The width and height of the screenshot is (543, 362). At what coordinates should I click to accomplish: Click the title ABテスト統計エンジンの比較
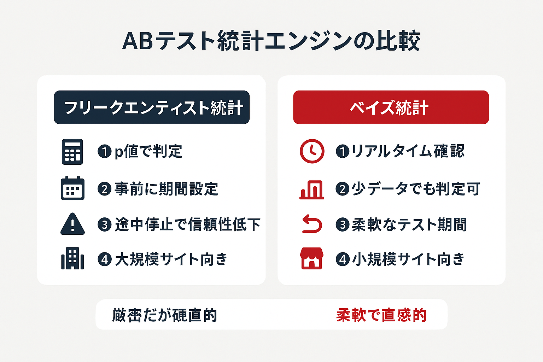pos(271,41)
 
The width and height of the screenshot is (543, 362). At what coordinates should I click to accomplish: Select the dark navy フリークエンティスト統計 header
pos(152,107)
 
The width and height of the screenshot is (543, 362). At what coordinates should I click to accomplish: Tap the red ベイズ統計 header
pos(391,107)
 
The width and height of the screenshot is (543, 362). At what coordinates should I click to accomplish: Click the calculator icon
pos(72,152)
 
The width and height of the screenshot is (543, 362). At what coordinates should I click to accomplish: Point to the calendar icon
pos(72,188)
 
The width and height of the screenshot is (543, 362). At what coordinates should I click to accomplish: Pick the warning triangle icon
pos(72,224)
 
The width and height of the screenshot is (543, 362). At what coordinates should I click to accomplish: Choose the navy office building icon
pos(72,258)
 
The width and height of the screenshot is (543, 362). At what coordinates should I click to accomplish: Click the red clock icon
pos(312,151)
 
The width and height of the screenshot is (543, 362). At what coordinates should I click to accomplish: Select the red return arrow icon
pos(312,224)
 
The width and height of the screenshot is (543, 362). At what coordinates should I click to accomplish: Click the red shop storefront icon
pos(311,258)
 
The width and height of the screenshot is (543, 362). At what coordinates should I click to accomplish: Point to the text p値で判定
pos(148,152)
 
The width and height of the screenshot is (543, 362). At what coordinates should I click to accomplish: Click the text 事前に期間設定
pos(166,189)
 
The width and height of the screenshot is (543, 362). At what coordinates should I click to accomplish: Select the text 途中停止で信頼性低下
pos(187,224)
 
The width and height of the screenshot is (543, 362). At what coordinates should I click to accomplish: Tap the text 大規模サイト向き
pos(171,259)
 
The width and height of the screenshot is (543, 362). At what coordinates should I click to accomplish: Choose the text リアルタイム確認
pos(408,151)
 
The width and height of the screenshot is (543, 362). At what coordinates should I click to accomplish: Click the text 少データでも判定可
pos(416,189)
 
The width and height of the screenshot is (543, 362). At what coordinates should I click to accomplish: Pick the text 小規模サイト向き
pos(408,259)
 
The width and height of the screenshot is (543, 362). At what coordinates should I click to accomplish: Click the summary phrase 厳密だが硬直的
pos(165,315)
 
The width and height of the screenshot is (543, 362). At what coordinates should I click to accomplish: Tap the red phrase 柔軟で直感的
pos(381,315)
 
